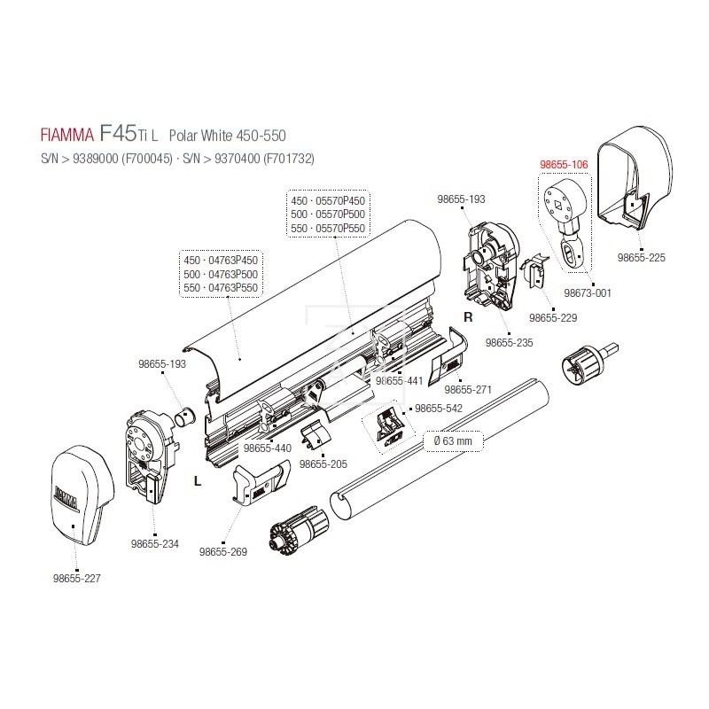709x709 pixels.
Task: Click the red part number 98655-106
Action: pyautogui.click(x=563, y=165)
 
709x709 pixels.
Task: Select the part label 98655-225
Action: pyautogui.click(x=640, y=258)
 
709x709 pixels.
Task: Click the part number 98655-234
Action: pyautogui.click(x=154, y=544)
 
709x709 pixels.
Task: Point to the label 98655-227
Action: pyautogui.click(x=77, y=579)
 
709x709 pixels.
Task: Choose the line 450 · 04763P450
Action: pyautogui.click(x=220, y=260)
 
